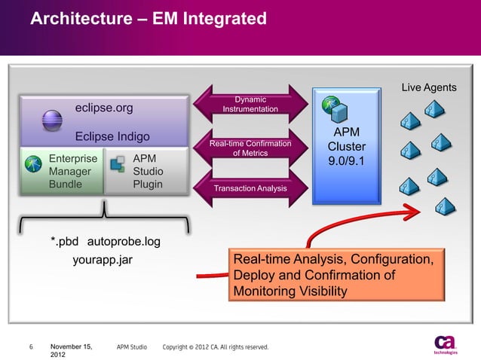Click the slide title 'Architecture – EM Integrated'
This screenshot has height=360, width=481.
click(x=149, y=18)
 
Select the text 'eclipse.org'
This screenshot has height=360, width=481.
click(x=104, y=108)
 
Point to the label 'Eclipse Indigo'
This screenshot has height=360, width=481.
click(x=112, y=137)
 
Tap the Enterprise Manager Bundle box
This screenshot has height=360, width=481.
click(x=61, y=171)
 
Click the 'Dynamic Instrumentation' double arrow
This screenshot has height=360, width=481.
click(x=250, y=105)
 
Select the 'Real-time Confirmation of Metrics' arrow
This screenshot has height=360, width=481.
click(x=250, y=148)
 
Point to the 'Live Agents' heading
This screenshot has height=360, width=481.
click(x=428, y=87)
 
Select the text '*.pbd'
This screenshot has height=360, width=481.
click(x=66, y=242)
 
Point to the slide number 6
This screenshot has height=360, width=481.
click(x=31, y=347)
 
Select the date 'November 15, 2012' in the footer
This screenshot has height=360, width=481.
click(x=71, y=350)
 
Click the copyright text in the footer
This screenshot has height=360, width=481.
click(x=215, y=347)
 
